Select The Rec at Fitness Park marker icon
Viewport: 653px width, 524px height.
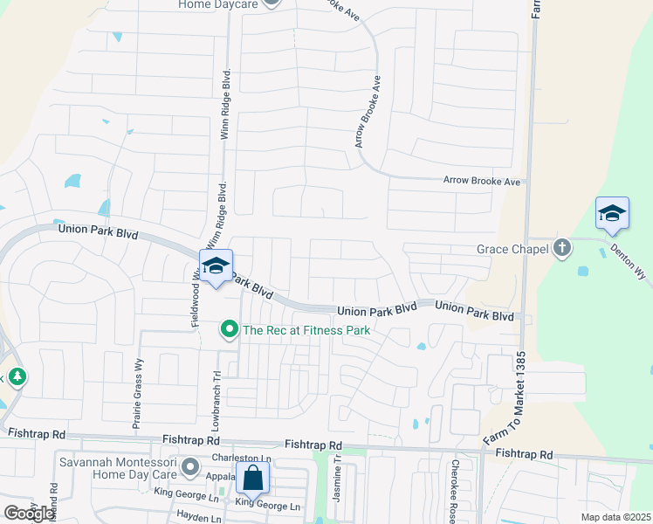230,329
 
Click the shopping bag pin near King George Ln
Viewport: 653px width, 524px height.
252,479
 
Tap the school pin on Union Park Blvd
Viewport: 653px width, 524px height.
216,266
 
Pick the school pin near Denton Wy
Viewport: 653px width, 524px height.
612,214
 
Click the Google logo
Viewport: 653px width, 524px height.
30,513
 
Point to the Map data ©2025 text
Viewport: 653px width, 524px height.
615,517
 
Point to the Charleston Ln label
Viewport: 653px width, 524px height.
242,458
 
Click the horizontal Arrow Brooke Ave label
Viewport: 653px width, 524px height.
481,182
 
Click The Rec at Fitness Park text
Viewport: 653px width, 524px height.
306,330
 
